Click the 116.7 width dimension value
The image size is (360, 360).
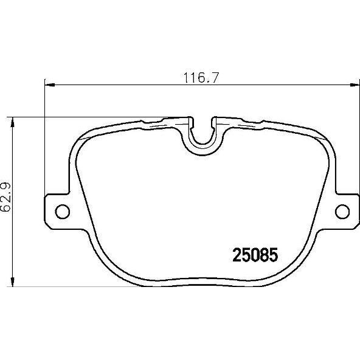pyautogui.click(x=201, y=78)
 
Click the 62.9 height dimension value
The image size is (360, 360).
pyautogui.click(x=6, y=197)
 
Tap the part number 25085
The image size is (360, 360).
pyautogui.click(x=255, y=255)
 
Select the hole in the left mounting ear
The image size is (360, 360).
pyautogui.click(x=63, y=211)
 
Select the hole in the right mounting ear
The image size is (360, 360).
pyautogui.click(x=342, y=211)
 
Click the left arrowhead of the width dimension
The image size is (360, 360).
pyautogui.click(x=49, y=85)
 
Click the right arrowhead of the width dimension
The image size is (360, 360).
pyautogui.click(x=355, y=85)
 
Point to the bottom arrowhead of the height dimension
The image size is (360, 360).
pyautogui.click(x=13, y=282)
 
